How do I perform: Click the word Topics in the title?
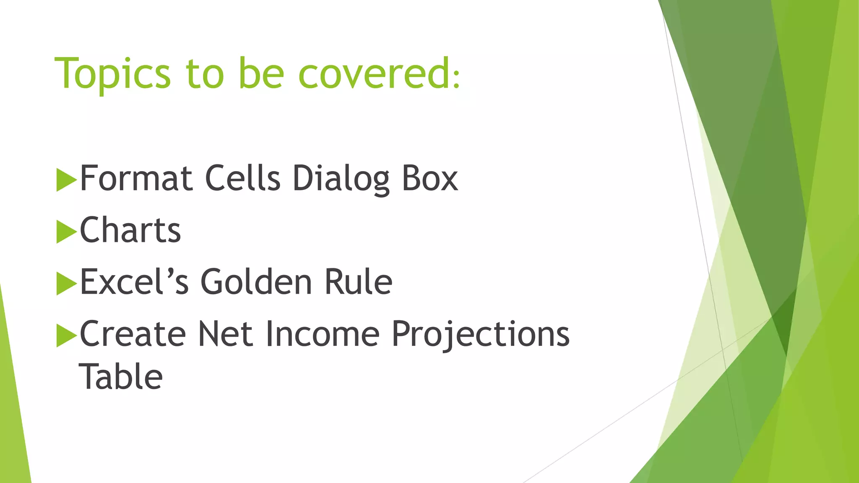click(x=112, y=74)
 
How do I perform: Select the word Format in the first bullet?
click(x=136, y=178)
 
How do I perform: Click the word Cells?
click(x=242, y=178)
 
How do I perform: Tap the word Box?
click(x=429, y=178)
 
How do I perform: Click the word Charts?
click(x=130, y=230)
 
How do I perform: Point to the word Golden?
click(x=256, y=282)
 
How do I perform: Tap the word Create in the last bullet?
click(x=133, y=334)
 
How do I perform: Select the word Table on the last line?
click(x=121, y=377)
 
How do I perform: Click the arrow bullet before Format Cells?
click(x=66, y=180)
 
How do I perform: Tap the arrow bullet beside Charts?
click(x=66, y=232)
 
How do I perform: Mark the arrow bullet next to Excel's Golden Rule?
click(x=66, y=284)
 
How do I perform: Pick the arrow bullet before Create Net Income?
click(x=66, y=335)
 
